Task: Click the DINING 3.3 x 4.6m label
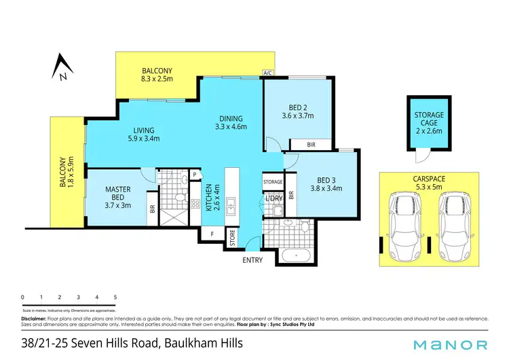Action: coord(231,122)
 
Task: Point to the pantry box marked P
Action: coord(195,175)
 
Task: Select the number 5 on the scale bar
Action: coord(115,297)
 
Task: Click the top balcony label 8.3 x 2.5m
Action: coord(157,75)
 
